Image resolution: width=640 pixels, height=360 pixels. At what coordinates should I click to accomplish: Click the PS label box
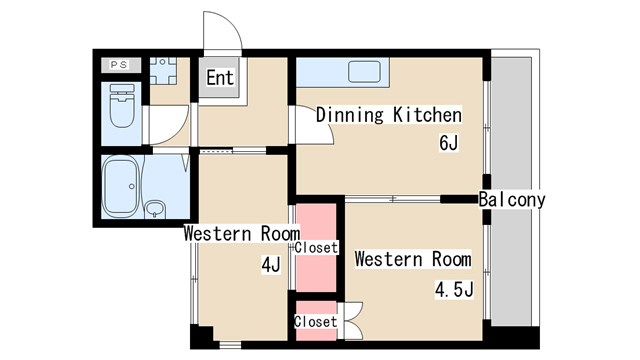(x=121, y=65)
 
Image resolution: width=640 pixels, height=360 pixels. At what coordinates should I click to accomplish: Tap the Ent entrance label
(x=220, y=78)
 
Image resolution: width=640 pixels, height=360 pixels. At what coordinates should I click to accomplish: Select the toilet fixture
(x=122, y=106)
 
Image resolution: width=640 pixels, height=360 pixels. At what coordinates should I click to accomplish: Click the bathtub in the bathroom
(x=121, y=187)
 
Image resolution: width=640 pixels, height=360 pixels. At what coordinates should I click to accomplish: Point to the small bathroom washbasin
(x=156, y=208)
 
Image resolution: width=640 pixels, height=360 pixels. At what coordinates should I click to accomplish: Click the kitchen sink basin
(x=364, y=72)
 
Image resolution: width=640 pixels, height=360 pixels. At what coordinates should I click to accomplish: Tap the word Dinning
(x=350, y=115)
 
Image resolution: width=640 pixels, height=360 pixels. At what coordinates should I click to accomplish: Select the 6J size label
(x=449, y=143)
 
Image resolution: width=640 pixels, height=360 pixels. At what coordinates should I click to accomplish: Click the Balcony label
(x=512, y=200)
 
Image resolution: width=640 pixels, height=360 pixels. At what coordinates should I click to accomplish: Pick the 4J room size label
(x=271, y=265)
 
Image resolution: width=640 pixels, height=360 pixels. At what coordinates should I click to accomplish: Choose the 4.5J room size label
(x=454, y=290)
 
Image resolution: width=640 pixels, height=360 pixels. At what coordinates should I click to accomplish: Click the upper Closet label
(x=316, y=247)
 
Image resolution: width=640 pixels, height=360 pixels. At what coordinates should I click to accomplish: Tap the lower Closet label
(x=316, y=322)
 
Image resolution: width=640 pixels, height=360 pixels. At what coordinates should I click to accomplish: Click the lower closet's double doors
(x=353, y=321)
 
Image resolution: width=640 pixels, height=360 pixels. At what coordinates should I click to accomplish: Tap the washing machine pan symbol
(x=163, y=71)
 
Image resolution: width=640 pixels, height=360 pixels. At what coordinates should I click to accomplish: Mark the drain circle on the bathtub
(x=131, y=187)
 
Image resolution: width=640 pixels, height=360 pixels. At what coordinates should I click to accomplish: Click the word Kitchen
(x=427, y=115)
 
